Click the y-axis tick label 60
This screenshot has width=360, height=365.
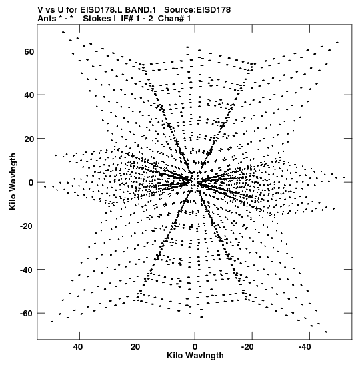click(29, 51)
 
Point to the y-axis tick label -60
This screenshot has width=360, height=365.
click(27, 314)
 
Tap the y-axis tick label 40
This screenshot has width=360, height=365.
click(29, 95)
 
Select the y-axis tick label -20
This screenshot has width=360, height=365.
click(27, 226)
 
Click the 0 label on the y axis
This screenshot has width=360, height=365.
click(31, 183)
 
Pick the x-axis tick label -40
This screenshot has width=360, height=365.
click(305, 347)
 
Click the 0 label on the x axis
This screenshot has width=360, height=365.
click(195, 347)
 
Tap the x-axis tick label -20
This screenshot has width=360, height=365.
click(247, 347)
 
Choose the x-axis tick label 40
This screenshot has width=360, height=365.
click(78, 347)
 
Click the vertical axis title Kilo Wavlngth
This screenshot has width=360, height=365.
click(13, 181)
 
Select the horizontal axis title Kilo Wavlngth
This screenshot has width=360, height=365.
click(195, 356)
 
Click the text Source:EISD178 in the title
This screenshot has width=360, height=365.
click(197, 10)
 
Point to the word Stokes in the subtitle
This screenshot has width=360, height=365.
click(97, 19)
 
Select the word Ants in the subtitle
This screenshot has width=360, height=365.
click(47, 19)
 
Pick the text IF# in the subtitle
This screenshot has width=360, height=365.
click(127, 19)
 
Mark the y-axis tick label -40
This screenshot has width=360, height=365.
click(27, 270)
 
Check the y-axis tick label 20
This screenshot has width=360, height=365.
click(29, 139)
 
